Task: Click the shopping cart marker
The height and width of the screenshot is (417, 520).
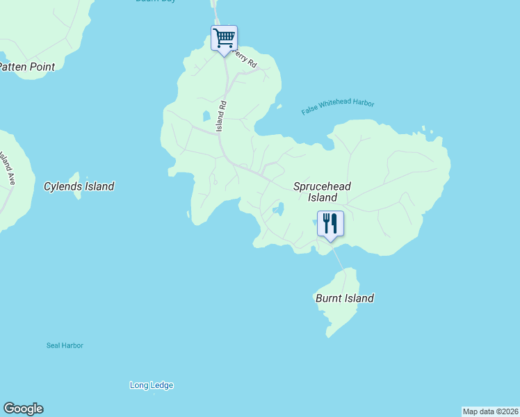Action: (x=224, y=38)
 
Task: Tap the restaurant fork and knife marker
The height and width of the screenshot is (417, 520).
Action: (x=330, y=224)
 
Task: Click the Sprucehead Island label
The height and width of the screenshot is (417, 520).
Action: (x=322, y=192)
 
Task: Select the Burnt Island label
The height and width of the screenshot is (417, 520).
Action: (x=344, y=298)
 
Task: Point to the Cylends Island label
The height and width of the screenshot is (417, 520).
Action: (x=79, y=186)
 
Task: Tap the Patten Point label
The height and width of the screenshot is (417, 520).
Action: (x=26, y=67)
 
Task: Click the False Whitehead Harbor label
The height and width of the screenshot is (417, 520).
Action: (x=338, y=107)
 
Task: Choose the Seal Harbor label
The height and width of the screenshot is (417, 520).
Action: (x=65, y=345)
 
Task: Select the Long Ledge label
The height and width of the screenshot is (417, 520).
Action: (x=152, y=385)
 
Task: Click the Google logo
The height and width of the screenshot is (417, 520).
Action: (x=23, y=409)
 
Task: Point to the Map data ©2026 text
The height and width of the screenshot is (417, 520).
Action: (x=490, y=411)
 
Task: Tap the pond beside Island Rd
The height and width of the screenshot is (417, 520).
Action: (x=206, y=116)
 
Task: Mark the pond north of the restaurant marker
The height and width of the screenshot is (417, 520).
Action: (x=279, y=209)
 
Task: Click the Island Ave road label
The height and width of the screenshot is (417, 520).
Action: (x=9, y=167)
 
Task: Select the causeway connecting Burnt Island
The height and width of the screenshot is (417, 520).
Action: (x=337, y=258)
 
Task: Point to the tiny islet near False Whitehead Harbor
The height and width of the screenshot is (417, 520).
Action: (x=279, y=107)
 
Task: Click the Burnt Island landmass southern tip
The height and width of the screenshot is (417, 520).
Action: (x=329, y=336)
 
